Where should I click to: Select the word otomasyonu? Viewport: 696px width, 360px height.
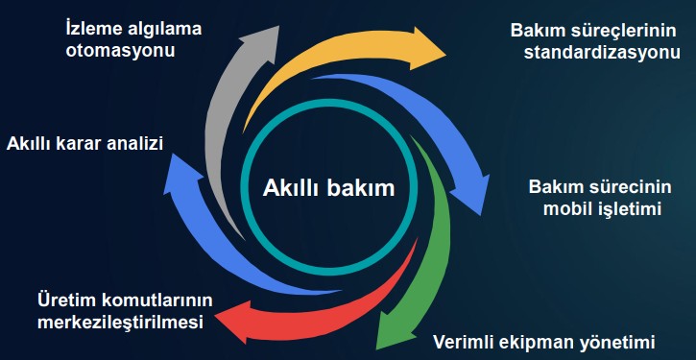coord(120,50)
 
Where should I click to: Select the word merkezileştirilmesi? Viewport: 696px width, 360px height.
coord(120,322)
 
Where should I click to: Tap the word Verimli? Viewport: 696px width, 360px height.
coord(468,341)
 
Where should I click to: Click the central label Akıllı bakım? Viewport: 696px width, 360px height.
coord(328,187)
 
